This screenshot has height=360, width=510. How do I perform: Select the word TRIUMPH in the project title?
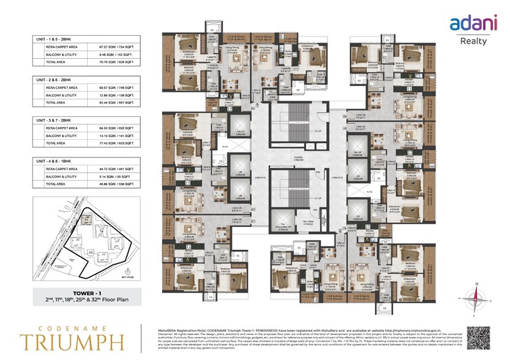pyautogui.click(x=74, y=341)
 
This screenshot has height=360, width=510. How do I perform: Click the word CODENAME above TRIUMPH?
pyautogui.click(x=74, y=326)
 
